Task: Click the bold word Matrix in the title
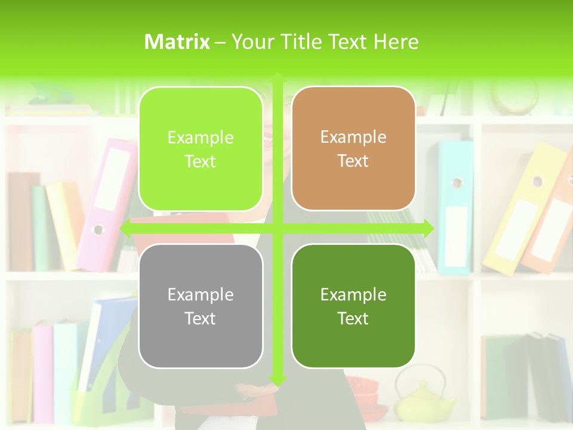177,42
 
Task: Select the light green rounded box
201,149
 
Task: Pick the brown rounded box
353,148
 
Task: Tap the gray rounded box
201,306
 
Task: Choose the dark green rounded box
353,306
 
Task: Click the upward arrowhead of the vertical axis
278,77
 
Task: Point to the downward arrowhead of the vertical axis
278,380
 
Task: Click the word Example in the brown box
353,137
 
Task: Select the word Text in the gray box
201,318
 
